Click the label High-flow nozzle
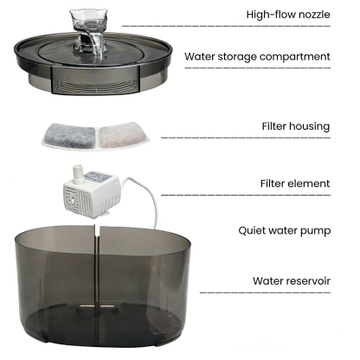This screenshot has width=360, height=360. point(288,15)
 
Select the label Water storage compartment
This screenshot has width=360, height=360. point(258,57)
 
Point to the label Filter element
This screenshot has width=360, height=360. point(295,183)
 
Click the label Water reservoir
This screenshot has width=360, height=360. point(291,280)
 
